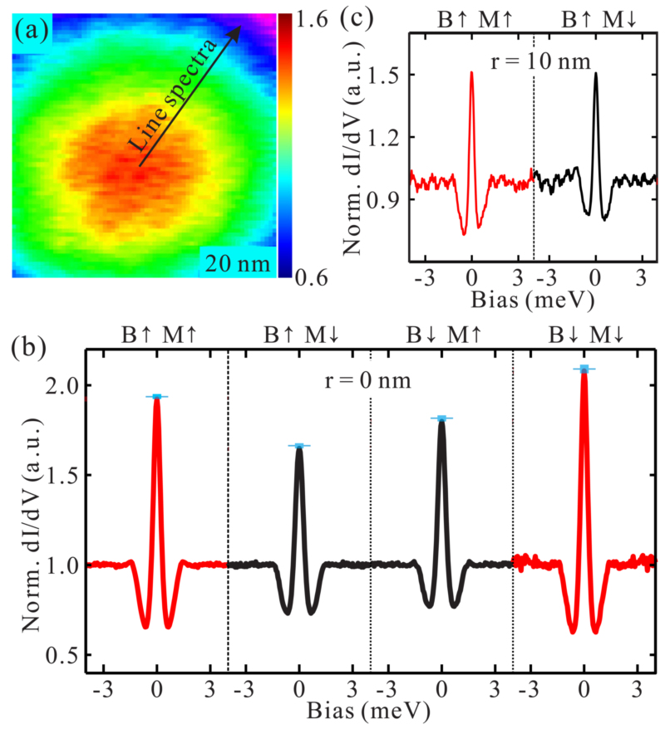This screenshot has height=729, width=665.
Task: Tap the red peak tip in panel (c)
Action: pos(471,73)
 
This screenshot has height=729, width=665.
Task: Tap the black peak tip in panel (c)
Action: pos(596,73)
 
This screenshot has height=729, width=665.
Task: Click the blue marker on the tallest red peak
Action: pos(584,369)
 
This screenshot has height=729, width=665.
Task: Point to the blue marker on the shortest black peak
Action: pos(299,446)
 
